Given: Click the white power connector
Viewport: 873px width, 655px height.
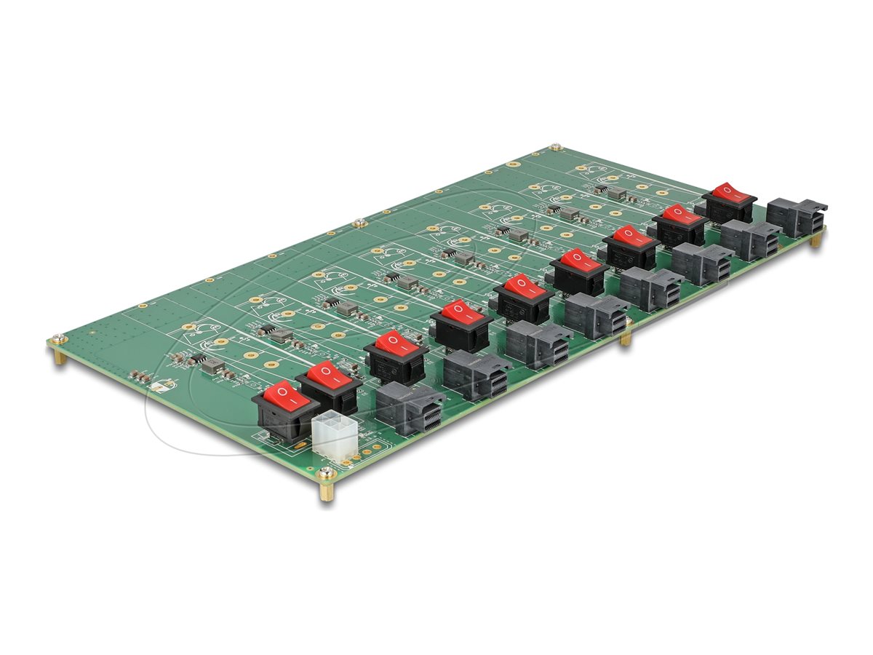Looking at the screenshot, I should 335,436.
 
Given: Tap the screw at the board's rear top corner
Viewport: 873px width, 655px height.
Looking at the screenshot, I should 556,147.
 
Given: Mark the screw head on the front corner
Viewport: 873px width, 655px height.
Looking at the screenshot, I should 327,474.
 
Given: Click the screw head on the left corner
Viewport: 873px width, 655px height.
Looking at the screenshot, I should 57,338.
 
